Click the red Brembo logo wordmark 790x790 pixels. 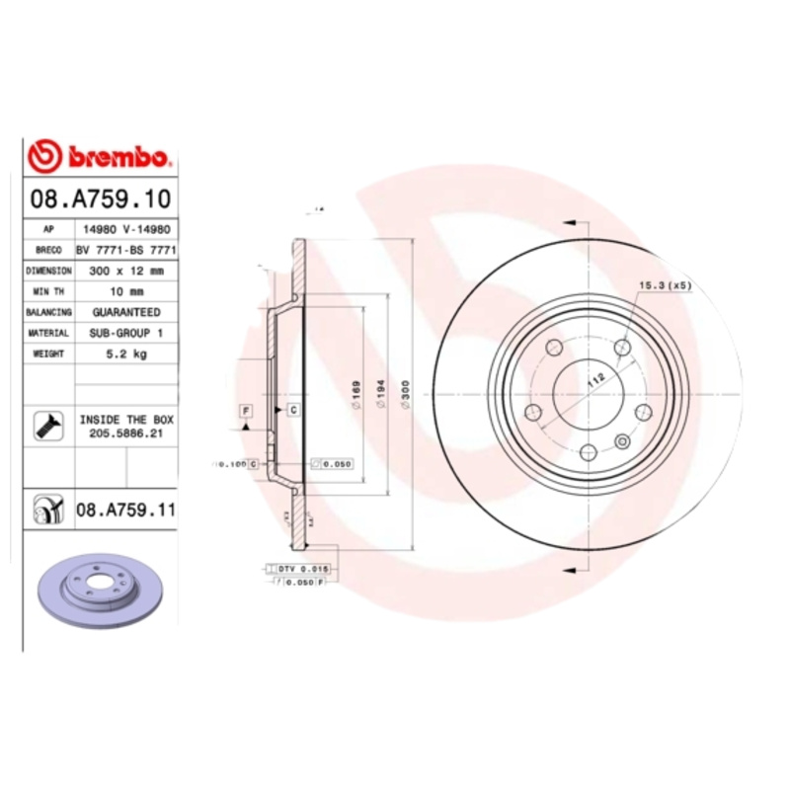(x=103, y=156)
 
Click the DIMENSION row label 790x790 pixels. (x=48, y=270)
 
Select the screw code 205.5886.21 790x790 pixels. (x=125, y=433)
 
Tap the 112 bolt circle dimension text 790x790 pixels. (x=595, y=378)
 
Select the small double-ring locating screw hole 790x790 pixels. (x=622, y=441)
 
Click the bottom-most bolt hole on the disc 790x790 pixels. (x=588, y=452)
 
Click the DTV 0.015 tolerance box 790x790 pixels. (x=302, y=570)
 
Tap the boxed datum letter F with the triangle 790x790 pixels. (x=245, y=409)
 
